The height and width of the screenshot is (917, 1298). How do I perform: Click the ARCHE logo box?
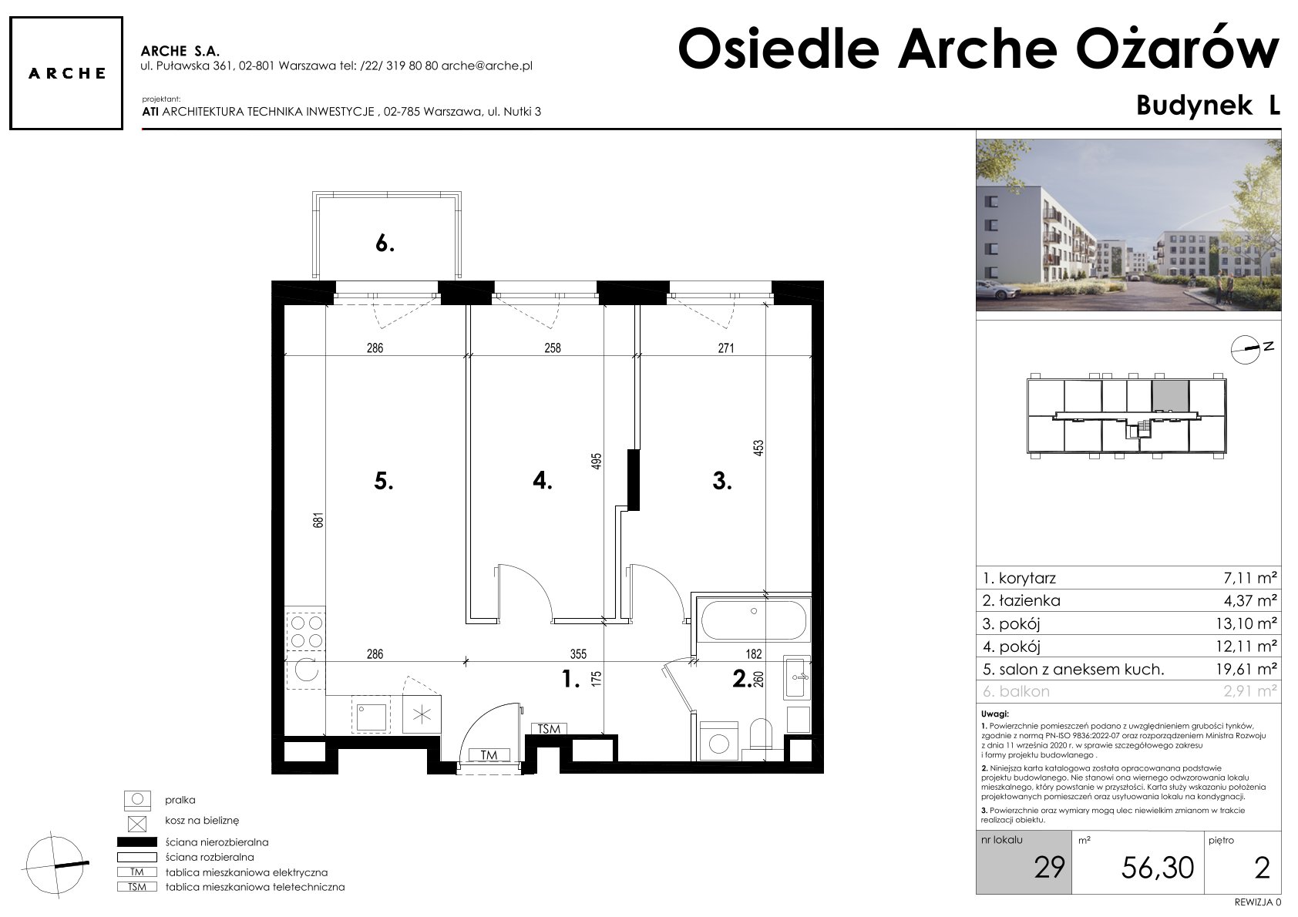[x=66, y=73]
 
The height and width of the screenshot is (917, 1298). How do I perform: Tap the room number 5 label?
[x=384, y=481]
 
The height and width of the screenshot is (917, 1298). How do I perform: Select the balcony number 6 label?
[x=385, y=244]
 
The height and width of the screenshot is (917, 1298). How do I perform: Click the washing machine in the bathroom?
[x=719, y=741]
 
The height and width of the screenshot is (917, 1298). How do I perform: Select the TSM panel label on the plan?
[x=549, y=729]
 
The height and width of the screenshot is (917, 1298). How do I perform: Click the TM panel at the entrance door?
[x=489, y=755]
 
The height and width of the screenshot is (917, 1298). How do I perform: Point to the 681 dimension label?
[x=318, y=519]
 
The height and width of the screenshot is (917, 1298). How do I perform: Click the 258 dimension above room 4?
[x=552, y=348]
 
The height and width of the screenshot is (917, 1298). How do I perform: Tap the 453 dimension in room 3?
[x=758, y=449]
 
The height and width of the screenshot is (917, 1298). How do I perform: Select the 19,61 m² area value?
[x=1246, y=669]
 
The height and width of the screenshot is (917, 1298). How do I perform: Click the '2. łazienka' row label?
[x=1021, y=601]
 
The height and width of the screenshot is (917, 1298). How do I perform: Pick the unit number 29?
[x=1049, y=867]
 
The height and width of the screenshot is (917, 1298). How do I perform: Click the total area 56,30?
[x=1158, y=868]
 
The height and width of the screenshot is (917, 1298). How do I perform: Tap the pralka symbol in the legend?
[x=137, y=800]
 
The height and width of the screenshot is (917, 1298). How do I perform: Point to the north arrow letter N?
[x=1269, y=347]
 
